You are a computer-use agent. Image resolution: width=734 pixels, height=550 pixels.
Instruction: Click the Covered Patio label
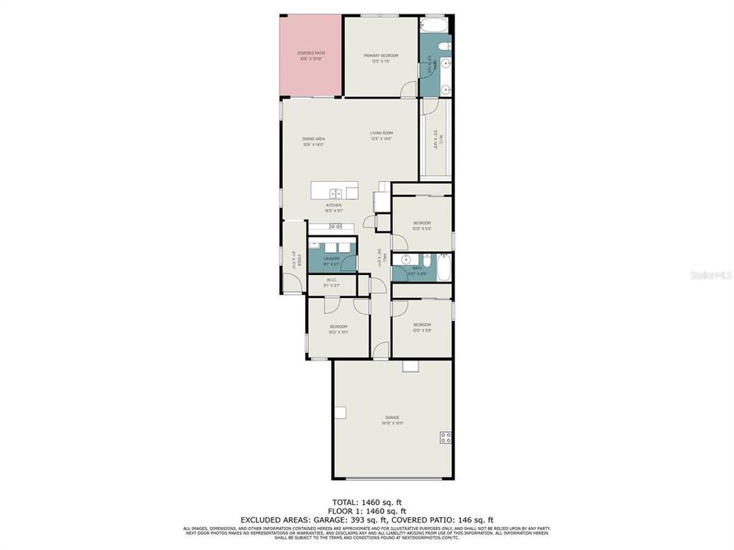click(311, 56)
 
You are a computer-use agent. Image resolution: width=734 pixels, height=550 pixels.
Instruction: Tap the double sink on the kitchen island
click(334, 192)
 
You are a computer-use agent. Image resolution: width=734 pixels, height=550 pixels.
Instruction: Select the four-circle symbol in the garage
click(445, 437)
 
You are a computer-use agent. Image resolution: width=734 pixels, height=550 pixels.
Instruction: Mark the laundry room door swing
click(349, 264)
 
